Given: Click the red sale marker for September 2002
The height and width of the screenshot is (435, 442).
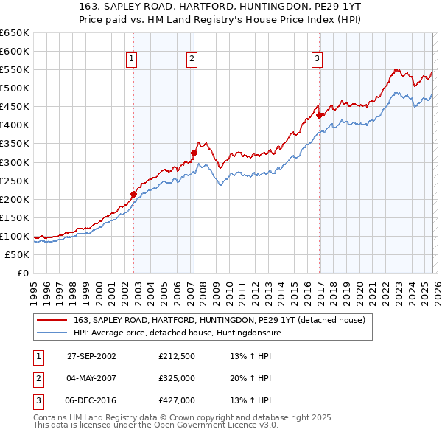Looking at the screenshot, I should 134,194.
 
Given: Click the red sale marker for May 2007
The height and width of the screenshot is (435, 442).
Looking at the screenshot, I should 194,153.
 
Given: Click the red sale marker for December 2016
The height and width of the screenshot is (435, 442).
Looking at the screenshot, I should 319,115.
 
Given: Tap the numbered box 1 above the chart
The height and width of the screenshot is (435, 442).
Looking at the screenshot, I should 131,60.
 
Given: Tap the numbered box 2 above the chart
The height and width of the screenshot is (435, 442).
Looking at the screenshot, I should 191,60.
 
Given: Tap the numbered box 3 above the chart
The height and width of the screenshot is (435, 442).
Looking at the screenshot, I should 317,60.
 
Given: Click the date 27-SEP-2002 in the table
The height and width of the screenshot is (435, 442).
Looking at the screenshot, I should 91,355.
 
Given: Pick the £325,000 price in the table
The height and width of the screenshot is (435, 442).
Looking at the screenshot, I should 177,378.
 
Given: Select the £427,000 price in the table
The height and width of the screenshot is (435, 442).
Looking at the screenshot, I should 177,400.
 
